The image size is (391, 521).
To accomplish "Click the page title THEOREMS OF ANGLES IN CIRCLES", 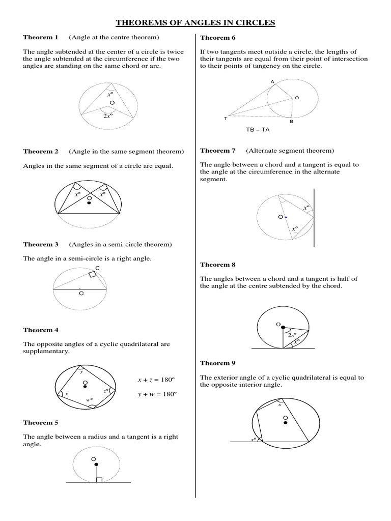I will point(195,22).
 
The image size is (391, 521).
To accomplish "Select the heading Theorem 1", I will point(41,38).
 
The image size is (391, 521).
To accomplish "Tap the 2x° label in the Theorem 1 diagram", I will point(107,115).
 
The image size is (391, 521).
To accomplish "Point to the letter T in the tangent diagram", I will point(226,119).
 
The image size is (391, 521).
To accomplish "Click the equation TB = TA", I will point(258,130).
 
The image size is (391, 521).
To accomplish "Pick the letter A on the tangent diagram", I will point(272,82).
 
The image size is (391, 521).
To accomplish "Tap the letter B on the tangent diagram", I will point(292,122).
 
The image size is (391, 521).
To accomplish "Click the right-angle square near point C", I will point(92,275).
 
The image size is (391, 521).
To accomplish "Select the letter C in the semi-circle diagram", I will point(97,268).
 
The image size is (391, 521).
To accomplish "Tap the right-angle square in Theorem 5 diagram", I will point(99,480).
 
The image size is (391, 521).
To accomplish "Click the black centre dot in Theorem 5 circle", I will point(96,465).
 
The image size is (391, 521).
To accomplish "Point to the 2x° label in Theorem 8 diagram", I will point(292,335).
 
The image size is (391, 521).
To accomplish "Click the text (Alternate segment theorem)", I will point(290,151).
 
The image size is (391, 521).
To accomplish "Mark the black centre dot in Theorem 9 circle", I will point(286,422).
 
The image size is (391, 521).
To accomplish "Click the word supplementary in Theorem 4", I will point(46,352).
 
